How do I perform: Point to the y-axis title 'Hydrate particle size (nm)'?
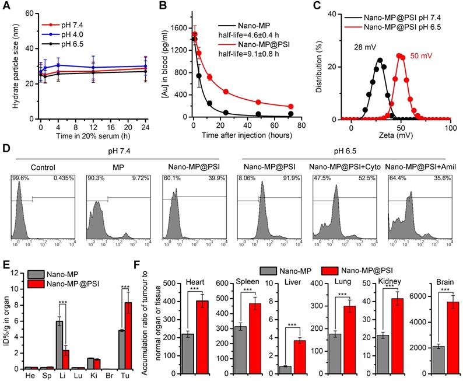pyautogui.click(x=10, y=65)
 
